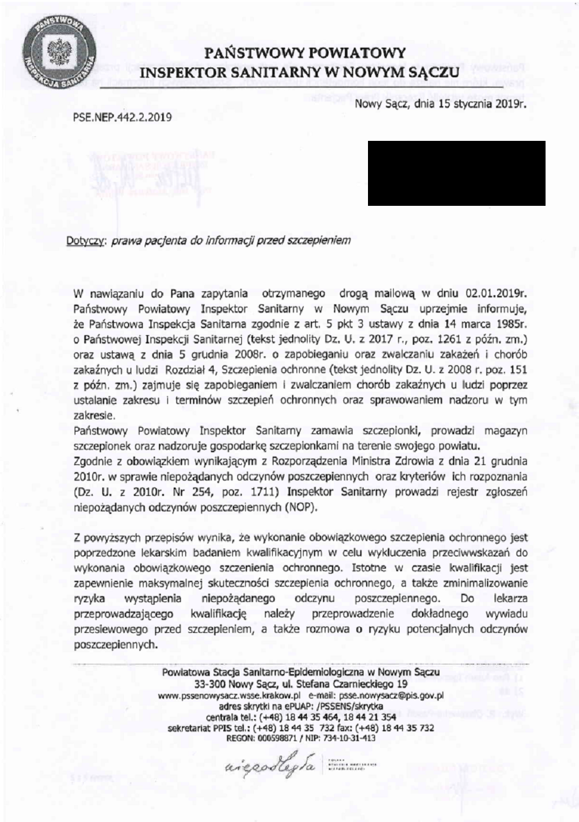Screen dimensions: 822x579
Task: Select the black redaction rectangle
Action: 456,173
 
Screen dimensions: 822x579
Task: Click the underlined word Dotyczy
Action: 86,241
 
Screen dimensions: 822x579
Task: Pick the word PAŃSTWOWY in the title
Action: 252,52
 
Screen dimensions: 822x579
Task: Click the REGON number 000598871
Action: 282,738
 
